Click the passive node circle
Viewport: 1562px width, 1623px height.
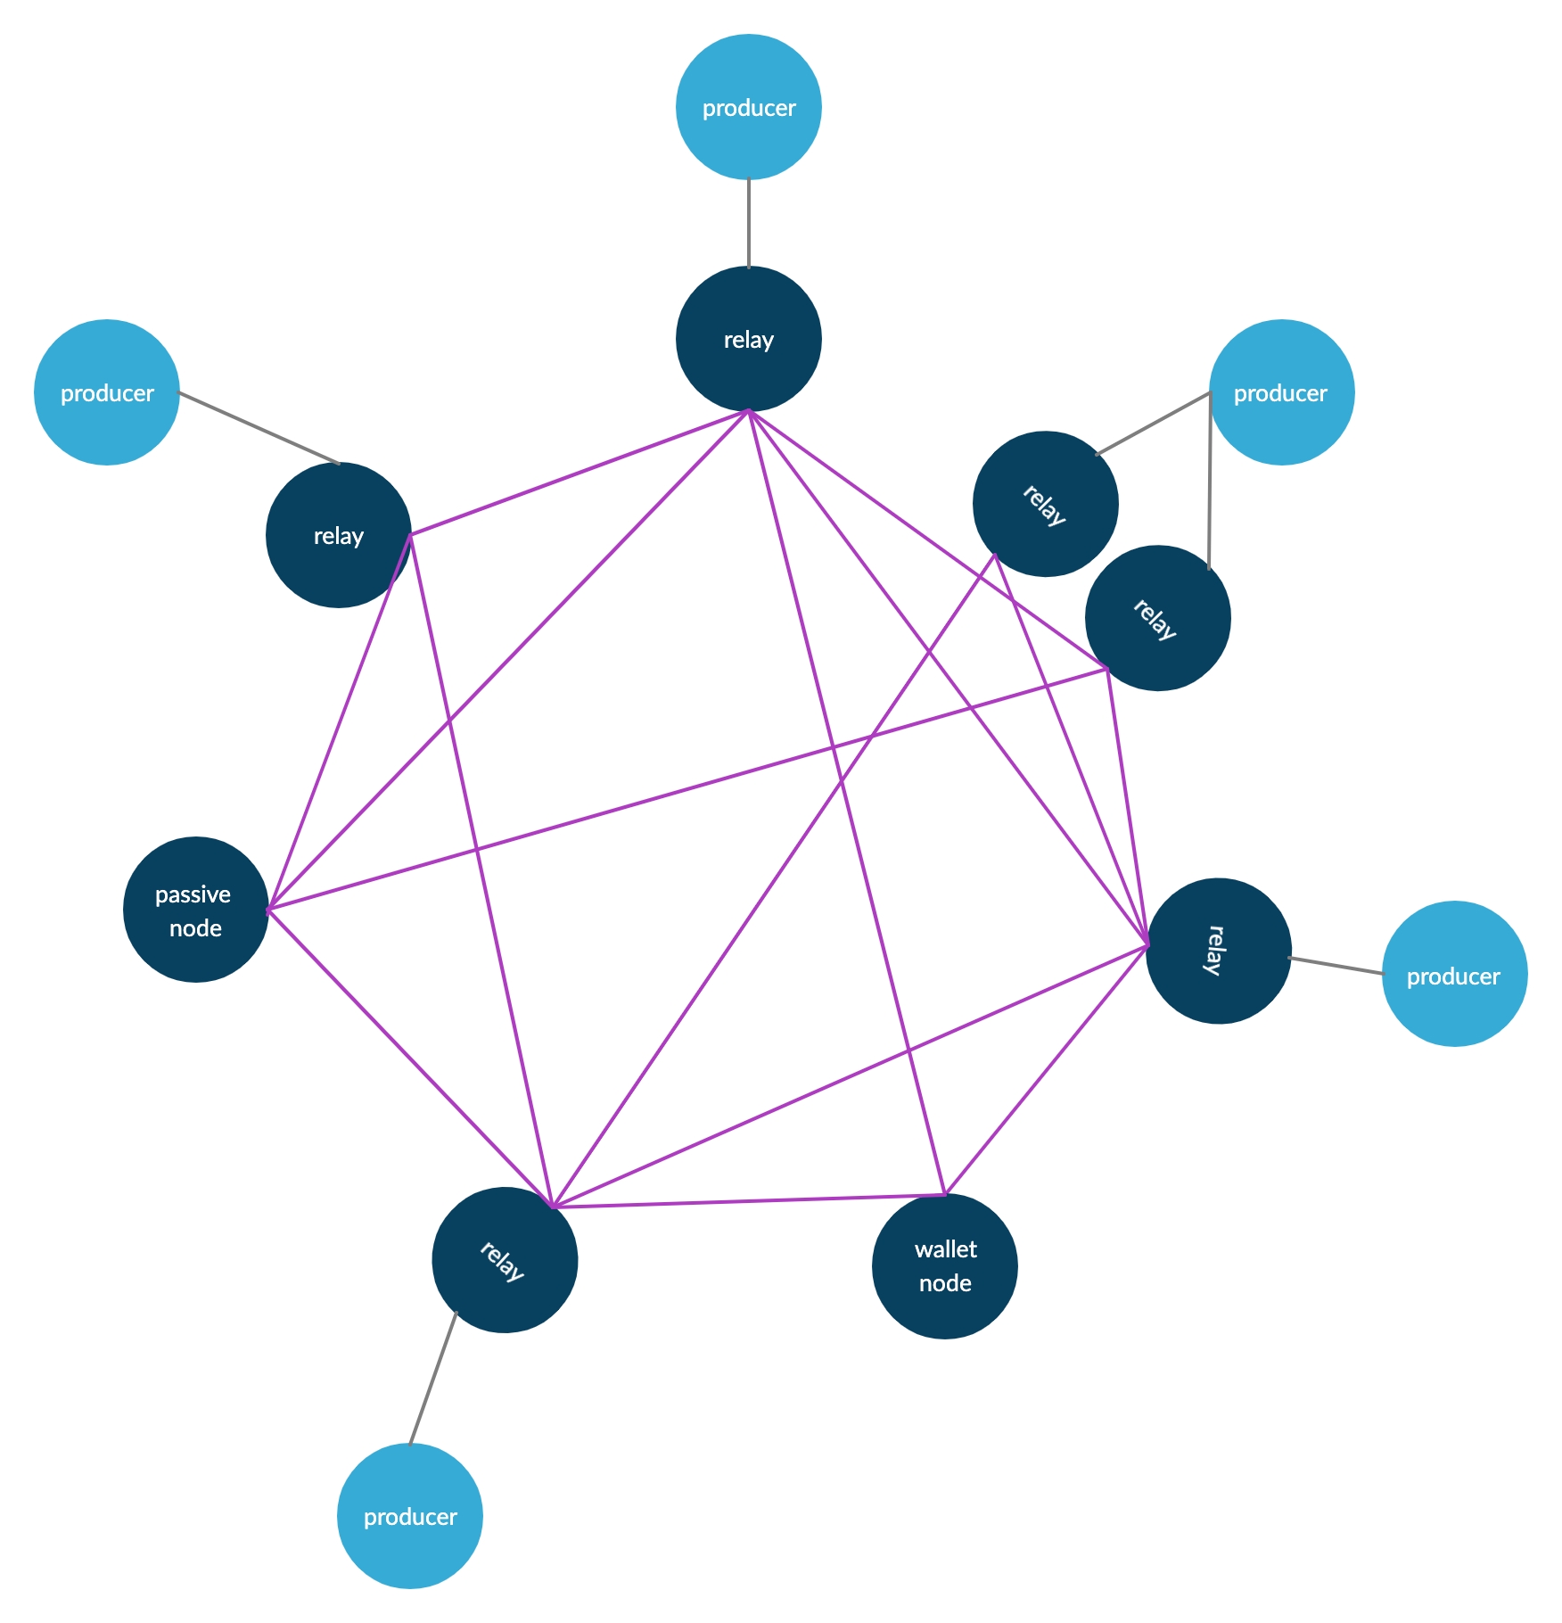[195, 910]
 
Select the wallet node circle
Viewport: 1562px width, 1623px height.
[944, 1266]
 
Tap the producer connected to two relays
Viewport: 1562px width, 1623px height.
[1281, 392]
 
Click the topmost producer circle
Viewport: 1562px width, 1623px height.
[748, 107]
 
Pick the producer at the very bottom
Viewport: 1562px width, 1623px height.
[409, 1516]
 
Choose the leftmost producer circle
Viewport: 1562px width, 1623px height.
[106, 392]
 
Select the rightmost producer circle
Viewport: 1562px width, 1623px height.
[1454, 974]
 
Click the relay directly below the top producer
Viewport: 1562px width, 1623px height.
[748, 339]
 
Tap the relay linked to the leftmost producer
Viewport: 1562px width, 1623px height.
[338, 535]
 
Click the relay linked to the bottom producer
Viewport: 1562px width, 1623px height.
[505, 1260]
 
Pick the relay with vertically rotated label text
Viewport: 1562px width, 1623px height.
[1218, 951]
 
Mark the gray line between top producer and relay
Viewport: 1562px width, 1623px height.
[749, 223]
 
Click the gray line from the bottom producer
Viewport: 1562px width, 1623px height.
[432, 1379]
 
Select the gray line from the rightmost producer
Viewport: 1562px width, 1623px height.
[1336, 966]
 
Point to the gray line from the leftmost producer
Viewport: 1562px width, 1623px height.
[259, 428]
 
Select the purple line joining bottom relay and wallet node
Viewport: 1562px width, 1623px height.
[749, 1200]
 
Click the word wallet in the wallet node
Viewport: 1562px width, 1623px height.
[945, 1249]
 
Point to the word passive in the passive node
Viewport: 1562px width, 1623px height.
[193, 894]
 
